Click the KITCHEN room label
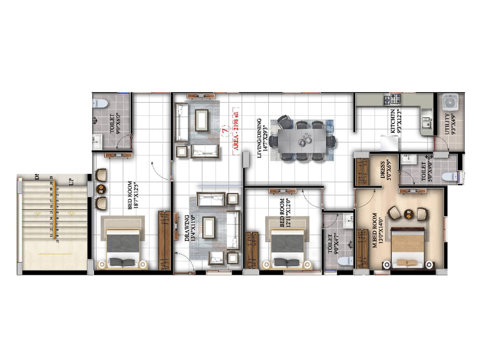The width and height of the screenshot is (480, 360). point(393,121)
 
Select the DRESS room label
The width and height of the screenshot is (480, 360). point(382,170)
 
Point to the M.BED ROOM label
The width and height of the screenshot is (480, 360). point(375,230)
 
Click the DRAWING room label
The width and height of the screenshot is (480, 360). point(187,228)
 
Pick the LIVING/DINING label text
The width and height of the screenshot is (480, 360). point(259,138)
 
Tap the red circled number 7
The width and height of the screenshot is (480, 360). point(224,131)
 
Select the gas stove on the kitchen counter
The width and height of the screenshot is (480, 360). point(393,99)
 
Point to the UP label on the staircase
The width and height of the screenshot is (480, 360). point(71,182)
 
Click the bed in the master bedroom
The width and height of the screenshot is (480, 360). point(408,247)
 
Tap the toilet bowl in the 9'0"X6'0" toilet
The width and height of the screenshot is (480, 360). point(100,103)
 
